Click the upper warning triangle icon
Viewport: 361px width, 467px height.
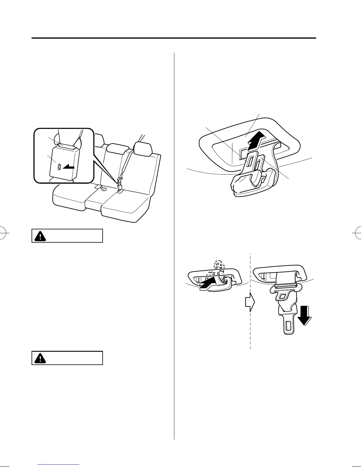pyautogui.click(x=40, y=236)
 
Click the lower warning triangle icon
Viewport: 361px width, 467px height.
pyautogui.click(x=40, y=358)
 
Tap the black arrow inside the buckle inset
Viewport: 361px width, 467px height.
pyautogui.click(x=68, y=167)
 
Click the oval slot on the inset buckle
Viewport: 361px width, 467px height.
pyautogui.click(x=59, y=167)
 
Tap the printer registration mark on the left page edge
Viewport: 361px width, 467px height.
pyautogui.click(x=4, y=233)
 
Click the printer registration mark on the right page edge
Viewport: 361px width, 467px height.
pyautogui.click(x=357, y=233)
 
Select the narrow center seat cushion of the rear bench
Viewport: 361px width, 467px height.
pyautogui.click(x=94, y=200)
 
